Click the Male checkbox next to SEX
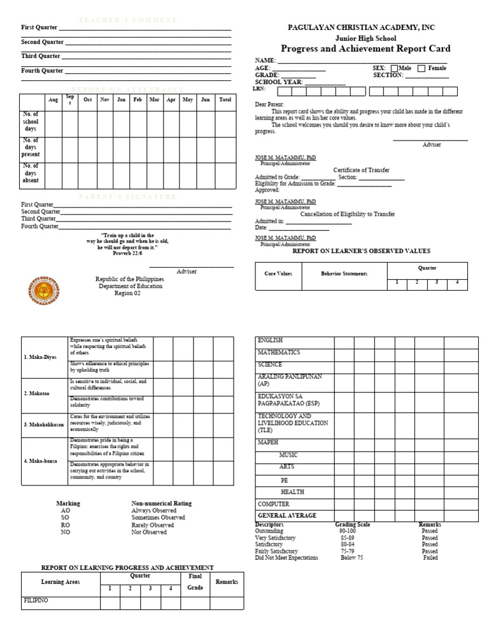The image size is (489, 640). [394, 69]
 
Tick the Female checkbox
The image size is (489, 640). [422, 69]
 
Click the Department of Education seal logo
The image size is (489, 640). [44, 291]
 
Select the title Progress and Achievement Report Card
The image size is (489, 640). [365, 49]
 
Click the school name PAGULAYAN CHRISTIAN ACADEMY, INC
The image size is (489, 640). [361, 28]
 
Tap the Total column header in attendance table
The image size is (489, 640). [225, 100]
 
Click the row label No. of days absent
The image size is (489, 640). [31, 173]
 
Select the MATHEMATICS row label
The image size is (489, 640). [279, 352]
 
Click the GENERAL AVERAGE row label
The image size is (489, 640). [287, 516]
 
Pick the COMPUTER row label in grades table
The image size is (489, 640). [273, 504]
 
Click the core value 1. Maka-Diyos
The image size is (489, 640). [40, 357]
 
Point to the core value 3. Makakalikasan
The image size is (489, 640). [44, 424]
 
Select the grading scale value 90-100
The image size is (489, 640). [348, 531]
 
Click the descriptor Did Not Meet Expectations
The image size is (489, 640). [287, 558]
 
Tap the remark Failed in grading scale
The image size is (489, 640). [430, 558]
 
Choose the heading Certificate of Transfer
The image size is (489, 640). [361, 170]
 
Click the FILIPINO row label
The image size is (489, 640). [36, 601]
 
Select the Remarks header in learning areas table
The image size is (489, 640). [227, 581]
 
